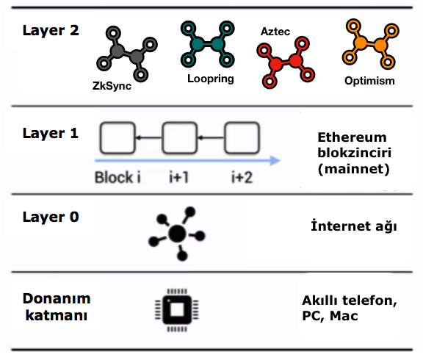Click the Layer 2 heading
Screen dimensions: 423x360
pyautogui.click(x=51, y=30)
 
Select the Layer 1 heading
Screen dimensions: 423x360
pyautogui.click(x=51, y=133)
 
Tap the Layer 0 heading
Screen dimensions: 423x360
pyautogui.click(x=51, y=217)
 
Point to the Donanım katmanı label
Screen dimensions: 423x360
pyautogui.click(x=57, y=307)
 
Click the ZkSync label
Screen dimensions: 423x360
pyautogui.click(x=112, y=86)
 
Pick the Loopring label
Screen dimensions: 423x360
pyautogui.click(x=211, y=79)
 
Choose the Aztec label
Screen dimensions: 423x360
pyautogui.click(x=275, y=32)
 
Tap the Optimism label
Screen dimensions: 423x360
pyautogui.click(x=369, y=81)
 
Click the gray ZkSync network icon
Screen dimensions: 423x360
pyautogui.click(x=127, y=54)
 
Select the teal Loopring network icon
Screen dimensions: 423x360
pyautogui.click(x=207, y=44)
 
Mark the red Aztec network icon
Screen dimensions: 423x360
pyautogui.click(x=286, y=62)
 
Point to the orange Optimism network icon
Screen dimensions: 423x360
pyautogui.click(x=371, y=44)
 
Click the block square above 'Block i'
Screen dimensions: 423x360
pyautogui.click(x=117, y=138)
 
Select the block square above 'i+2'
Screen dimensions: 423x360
pyautogui.click(x=242, y=138)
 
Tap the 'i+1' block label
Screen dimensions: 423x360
pyautogui.click(x=178, y=177)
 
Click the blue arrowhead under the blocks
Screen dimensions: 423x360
pyautogui.click(x=275, y=161)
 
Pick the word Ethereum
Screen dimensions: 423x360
pyautogui.click(x=352, y=137)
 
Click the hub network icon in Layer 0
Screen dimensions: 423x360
pyautogui.click(x=177, y=234)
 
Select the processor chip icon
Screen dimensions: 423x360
pyautogui.click(x=177, y=310)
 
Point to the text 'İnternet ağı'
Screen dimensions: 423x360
pyautogui.click(x=354, y=226)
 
